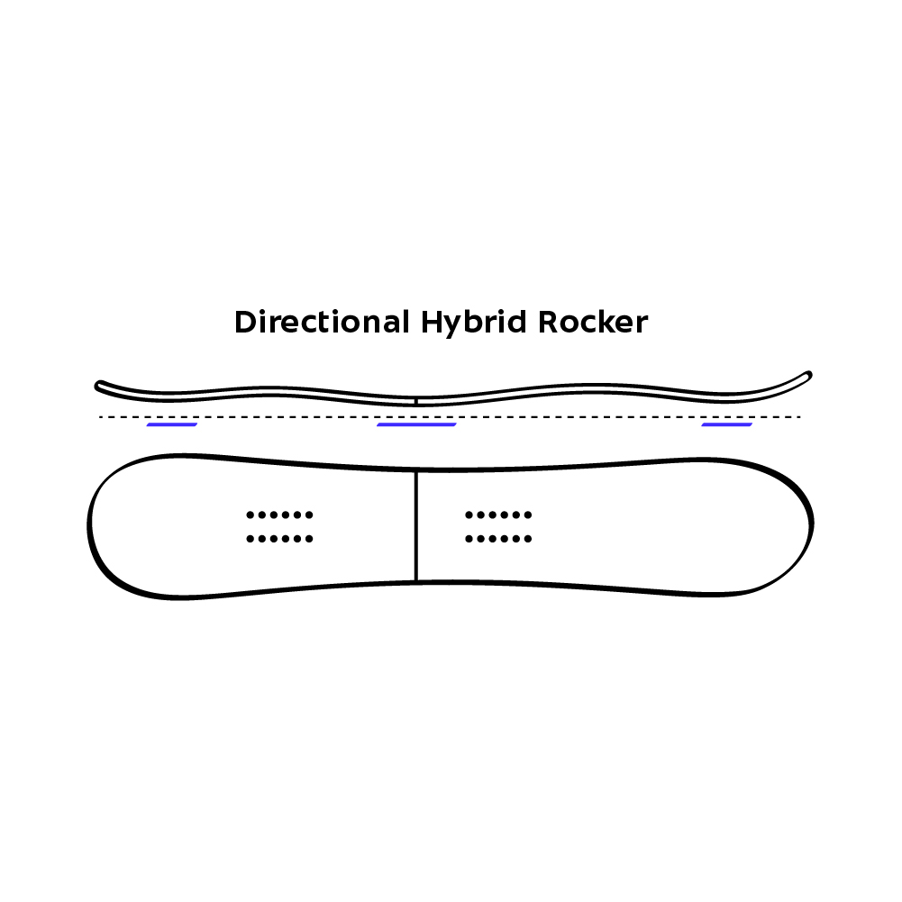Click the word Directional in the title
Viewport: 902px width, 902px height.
(x=321, y=323)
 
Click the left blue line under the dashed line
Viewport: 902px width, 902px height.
(x=171, y=424)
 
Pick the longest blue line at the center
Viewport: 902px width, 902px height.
(x=416, y=424)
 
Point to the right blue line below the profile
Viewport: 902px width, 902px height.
(x=726, y=424)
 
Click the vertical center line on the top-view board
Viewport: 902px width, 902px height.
(x=415, y=525)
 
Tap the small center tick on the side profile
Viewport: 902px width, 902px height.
(x=415, y=399)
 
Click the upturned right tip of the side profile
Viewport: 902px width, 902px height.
(x=807, y=374)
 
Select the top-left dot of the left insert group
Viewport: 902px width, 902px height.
(x=250, y=515)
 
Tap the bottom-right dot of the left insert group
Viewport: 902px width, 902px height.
(x=309, y=539)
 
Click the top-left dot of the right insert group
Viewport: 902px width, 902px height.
(x=469, y=515)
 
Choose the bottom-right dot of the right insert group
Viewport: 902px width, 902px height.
(x=528, y=539)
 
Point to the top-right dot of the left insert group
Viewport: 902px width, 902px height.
(x=309, y=515)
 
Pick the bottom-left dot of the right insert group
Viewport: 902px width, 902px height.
(x=469, y=539)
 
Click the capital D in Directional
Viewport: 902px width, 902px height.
(x=244, y=323)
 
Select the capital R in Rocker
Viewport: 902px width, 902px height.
(x=550, y=323)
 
